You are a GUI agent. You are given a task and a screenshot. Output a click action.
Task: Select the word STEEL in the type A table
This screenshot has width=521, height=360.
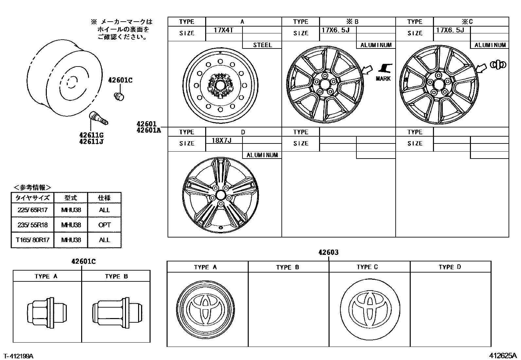tap(262, 45)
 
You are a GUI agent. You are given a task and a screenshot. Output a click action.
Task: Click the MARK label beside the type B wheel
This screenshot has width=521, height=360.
tap(383, 79)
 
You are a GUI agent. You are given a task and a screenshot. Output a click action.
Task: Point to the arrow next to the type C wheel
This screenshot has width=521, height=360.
tap(481, 68)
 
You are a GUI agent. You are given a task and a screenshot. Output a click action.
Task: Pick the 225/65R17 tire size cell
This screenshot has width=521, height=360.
tap(32, 210)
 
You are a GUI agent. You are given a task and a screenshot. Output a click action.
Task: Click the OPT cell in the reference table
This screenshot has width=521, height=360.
tap(104, 225)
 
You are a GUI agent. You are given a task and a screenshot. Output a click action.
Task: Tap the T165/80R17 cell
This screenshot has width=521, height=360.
tap(32, 240)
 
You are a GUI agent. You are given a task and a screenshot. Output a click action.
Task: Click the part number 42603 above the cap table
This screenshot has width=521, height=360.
tap(329, 252)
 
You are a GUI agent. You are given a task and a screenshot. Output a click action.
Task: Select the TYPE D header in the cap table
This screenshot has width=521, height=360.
tap(450, 267)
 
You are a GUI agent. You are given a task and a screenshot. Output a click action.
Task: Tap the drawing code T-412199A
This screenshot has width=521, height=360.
tap(19, 356)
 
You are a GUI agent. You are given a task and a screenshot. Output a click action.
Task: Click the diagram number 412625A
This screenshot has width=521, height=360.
tap(503, 355)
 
